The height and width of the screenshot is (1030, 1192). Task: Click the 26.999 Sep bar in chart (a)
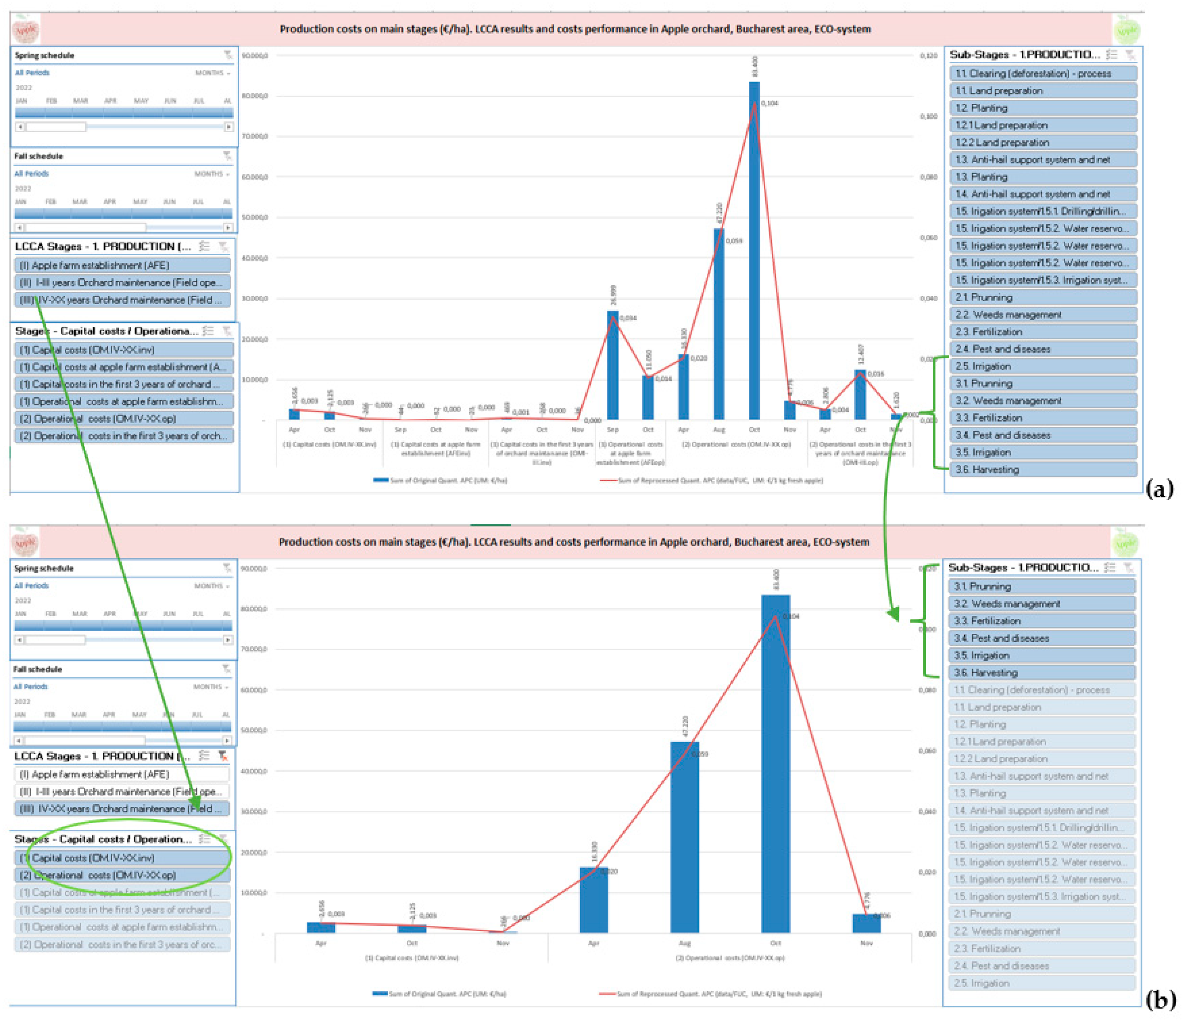(x=613, y=365)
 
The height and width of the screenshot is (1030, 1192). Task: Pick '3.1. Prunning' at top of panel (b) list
(x=1041, y=586)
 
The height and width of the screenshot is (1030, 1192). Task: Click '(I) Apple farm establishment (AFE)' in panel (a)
(x=122, y=265)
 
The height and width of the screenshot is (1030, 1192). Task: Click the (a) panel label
(x=1159, y=489)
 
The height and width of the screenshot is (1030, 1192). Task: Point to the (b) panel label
(x=1159, y=1000)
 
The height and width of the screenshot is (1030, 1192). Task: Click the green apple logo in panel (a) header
(x=1126, y=30)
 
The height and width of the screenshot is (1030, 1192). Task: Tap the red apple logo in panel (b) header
(x=25, y=543)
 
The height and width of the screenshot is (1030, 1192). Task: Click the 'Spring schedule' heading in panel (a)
(x=44, y=56)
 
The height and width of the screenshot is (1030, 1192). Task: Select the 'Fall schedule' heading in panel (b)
(x=38, y=669)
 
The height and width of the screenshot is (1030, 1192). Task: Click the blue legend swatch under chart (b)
(x=380, y=994)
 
